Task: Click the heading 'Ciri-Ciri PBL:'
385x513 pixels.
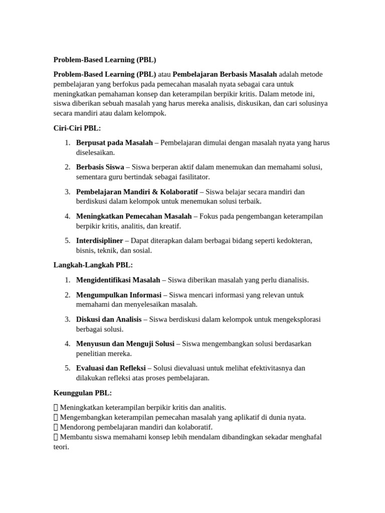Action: (77, 128)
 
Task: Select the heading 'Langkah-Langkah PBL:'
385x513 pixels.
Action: (93, 265)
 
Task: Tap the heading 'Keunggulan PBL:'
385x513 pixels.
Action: (82, 393)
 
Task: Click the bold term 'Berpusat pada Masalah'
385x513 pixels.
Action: (114, 143)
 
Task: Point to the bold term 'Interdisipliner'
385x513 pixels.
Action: (99, 240)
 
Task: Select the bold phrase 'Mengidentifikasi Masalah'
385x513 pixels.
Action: (118, 280)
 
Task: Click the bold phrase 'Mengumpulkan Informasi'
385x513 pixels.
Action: (118, 295)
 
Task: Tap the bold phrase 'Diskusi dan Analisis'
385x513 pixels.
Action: (109, 319)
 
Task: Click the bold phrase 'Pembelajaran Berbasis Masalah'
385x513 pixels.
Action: (225, 74)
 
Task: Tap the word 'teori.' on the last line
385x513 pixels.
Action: (61, 446)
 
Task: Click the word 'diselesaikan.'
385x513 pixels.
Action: (95, 152)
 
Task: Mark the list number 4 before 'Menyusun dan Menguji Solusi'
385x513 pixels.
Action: (68, 344)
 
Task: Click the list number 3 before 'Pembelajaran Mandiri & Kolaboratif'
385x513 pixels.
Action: (68, 191)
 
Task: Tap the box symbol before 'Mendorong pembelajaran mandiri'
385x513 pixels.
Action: (56, 427)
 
